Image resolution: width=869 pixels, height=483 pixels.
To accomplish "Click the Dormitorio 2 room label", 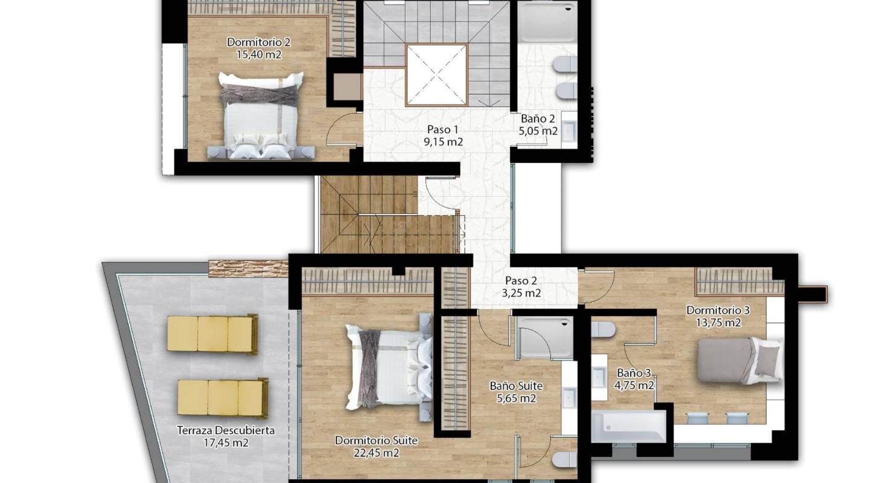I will click(259, 42).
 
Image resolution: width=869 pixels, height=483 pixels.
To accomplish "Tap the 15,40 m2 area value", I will click(259, 54).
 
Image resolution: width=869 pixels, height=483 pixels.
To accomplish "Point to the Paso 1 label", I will click(443, 129).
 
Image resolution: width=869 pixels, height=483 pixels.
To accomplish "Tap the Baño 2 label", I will click(538, 119).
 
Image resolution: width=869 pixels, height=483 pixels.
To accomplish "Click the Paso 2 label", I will click(521, 281).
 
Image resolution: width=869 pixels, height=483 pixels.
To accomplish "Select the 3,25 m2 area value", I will click(521, 293).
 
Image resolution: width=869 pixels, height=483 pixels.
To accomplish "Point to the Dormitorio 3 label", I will click(718, 310).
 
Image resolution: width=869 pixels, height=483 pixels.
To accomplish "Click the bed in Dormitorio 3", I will click(737, 360).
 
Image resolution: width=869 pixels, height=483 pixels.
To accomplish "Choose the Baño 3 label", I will click(634, 373).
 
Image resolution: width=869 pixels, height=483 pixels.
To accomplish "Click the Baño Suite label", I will click(516, 386).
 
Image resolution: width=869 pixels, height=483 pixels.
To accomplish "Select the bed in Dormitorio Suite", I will click(389, 366).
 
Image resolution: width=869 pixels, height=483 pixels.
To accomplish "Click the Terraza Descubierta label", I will click(226, 431).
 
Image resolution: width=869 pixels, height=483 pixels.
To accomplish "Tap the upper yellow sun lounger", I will click(212, 333).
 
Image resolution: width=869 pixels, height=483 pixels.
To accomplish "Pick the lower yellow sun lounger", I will click(223, 398).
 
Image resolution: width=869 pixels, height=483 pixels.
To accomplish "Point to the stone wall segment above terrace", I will click(248, 268).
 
